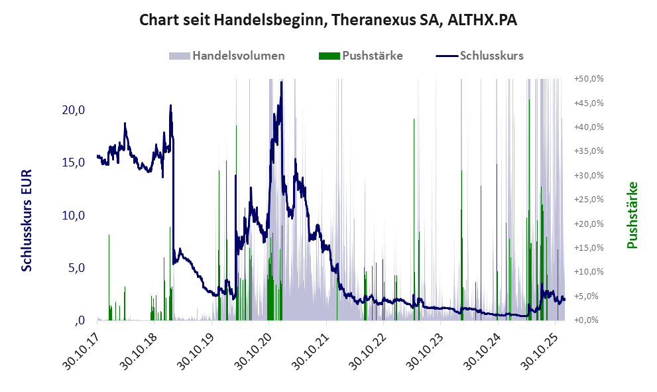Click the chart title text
(x=328, y=21)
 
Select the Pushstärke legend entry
(x=371, y=56)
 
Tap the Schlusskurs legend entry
(x=491, y=56)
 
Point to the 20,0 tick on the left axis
(x=72, y=110)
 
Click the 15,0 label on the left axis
(x=72, y=163)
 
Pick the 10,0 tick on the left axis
(x=72, y=216)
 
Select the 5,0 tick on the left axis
(x=75, y=269)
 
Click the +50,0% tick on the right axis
(x=588, y=79)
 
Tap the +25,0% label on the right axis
(x=588, y=200)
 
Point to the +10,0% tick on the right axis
(x=588, y=272)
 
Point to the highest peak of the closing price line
(x=282, y=82)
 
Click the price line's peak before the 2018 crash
(x=170, y=105)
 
